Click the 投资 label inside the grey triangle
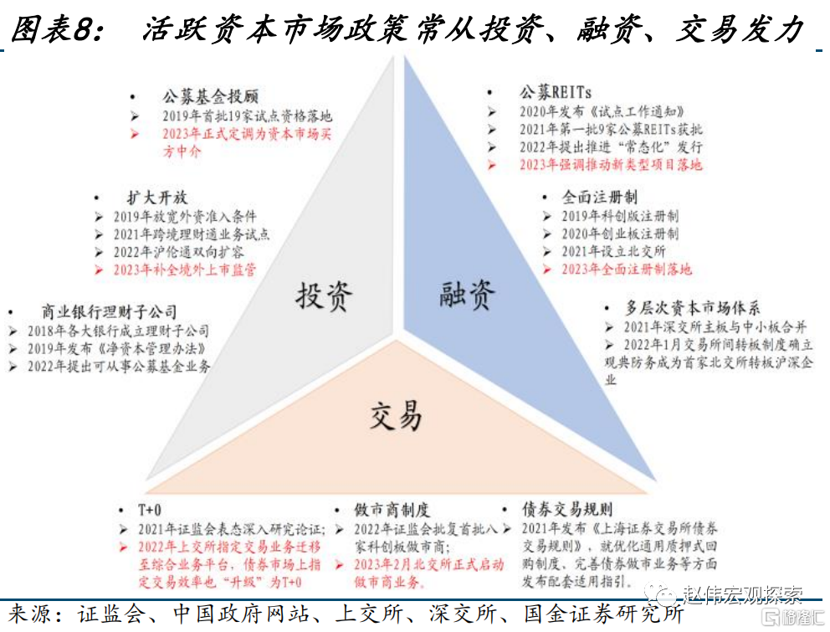324,296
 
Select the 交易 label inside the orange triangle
396,415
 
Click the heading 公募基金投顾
210,96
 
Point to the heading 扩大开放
157,198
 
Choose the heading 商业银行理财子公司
109,311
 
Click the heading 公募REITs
556,93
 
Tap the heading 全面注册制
599,197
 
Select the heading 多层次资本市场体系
693,307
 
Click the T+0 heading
150,510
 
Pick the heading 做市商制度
392,510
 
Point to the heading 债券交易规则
567,510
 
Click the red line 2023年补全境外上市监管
185,270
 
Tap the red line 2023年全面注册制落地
627,269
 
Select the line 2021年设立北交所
613,251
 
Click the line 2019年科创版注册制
620,216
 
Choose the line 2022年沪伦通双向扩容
178,252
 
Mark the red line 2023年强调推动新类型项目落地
611,165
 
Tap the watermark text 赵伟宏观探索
743,595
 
